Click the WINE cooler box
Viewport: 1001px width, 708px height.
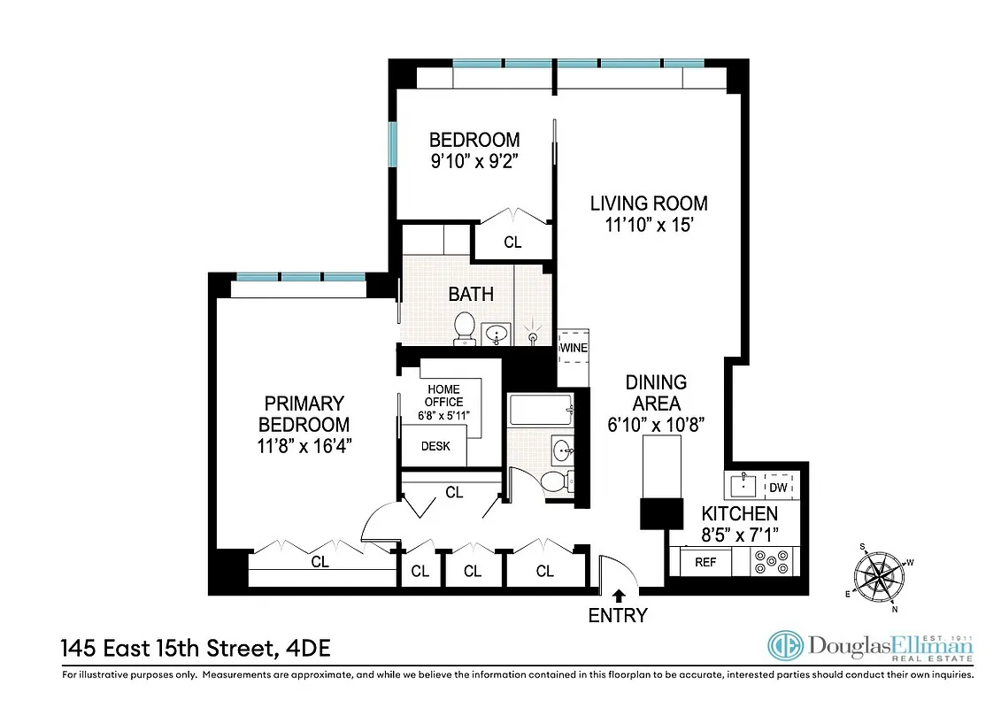pos(573,348)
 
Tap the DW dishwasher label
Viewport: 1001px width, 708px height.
pos(779,488)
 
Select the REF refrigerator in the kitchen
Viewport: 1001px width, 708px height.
pos(705,562)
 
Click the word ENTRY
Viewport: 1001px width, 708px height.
pos(618,615)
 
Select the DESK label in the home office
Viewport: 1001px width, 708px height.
pos(435,446)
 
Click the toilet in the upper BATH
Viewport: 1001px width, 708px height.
pos(464,328)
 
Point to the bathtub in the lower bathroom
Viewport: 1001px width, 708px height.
pos(541,412)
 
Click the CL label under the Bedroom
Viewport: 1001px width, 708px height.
pos(512,242)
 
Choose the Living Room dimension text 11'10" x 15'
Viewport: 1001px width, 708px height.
pos(649,226)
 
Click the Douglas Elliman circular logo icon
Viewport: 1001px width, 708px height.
pos(785,648)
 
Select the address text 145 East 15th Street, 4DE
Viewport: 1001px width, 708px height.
pos(196,649)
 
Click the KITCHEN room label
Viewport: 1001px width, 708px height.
pos(740,514)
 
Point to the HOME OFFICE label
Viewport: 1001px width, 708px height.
pos(444,396)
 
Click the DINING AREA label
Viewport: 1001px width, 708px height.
pos(656,393)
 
